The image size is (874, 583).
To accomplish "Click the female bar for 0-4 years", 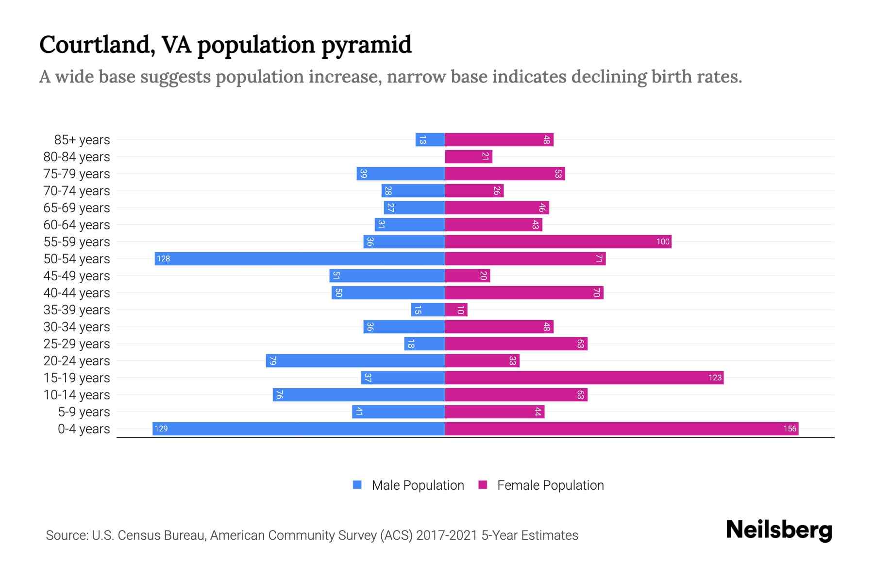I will click(x=622, y=429).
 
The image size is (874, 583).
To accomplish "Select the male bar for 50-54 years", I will click(x=300, y=258).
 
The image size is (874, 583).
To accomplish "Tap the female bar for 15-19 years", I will click(x=584, y=377).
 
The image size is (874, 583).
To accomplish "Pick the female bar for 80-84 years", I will click(x=469, y=156).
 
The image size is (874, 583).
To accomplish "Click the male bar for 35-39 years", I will click(x=428, y=309).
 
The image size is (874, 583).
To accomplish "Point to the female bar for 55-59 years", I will click(x=558, y=241).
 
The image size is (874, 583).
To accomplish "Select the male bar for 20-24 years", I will click(x=355, y=360).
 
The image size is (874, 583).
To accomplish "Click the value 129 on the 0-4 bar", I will click(x=161, y=429).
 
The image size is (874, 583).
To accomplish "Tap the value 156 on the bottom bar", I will click(x=790, y=429).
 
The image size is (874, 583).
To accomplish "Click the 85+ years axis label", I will click(x=82, y=140).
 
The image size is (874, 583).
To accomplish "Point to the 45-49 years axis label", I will click(x=77, y=276).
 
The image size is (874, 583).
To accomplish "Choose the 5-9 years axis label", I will click(x=84, y=412).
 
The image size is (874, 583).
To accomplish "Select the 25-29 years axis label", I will click(x=77, y=344).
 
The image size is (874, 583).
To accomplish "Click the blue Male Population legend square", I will click(x=357, y=485).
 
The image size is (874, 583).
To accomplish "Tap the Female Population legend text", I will click(x=550, y=485).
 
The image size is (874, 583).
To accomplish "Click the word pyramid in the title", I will click(x=367, y=45).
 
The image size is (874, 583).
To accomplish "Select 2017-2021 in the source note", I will click(x=447, y=535).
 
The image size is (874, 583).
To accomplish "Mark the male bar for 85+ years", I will click(x=430, y=139).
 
